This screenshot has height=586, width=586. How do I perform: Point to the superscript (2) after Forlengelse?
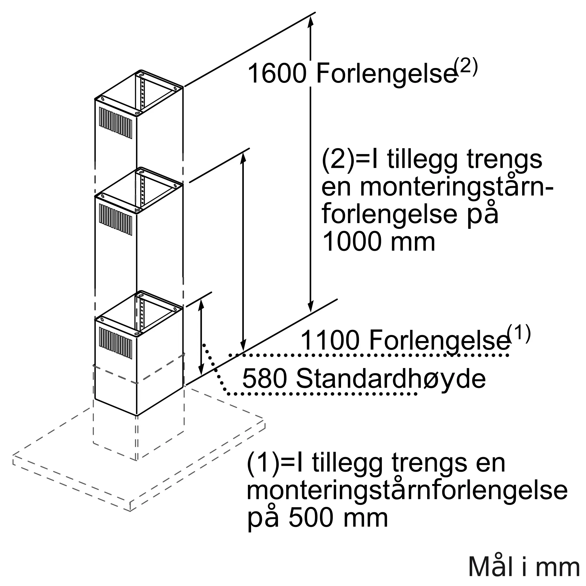point(466,67)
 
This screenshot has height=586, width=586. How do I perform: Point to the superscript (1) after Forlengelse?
point(519,334)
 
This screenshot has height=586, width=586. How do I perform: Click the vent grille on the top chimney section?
point(115,123)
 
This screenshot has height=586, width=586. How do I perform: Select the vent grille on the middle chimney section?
point(115,219)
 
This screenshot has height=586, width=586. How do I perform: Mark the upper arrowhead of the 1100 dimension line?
point(243,158)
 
